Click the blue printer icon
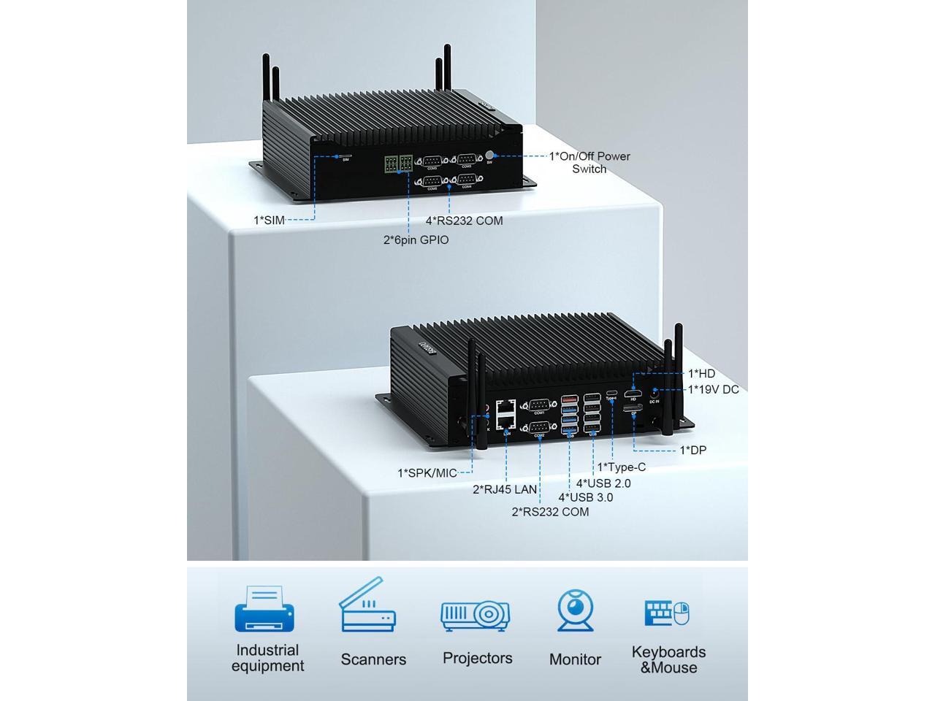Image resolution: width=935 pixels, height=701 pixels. pyautogui.click(x=264, y=608)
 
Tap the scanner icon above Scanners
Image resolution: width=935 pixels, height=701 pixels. pyautogui.click(x=367, y=606)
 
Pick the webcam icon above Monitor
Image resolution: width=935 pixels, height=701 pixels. pyautogui.click(x=575, y=610)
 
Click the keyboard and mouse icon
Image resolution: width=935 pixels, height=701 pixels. pyautogui.click(x=667, y=613)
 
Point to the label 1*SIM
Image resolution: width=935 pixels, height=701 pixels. pyautogui.click(x=269, y=220)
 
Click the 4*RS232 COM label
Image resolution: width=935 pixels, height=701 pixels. pyautogui.click(x=464, y=220)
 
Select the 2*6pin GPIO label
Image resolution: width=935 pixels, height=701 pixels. pyautogui.click(x=416, y=240)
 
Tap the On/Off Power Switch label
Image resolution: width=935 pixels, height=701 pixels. pyautogui.click(x=589, y=162)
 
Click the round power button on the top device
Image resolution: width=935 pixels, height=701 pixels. pyautogui.click(x=490, y=155)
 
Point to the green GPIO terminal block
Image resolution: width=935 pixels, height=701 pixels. pyautogui.click(x=397, y=164)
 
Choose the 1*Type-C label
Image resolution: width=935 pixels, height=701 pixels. pyautogui.click(x=622, y=467)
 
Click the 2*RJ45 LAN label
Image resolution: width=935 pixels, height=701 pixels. pyautogui.click(x=504, y=489)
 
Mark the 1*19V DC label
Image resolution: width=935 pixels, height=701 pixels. pyautogui.click(x=713, y=389)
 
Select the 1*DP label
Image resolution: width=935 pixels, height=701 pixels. pyautogui.click(x=692, y=450)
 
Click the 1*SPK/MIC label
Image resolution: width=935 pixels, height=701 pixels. pyautogui.click(x=427, y=473)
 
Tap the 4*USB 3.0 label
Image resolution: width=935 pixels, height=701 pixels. pyautogui.click(x=585, y=497)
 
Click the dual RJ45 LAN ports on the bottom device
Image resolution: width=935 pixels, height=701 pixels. pyautogui.click(x=505, y=414)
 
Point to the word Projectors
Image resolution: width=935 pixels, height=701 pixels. pyautogui.click(x=477, y=658)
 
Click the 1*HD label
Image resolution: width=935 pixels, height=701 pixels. pyautogui.click(x=701, y=374)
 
